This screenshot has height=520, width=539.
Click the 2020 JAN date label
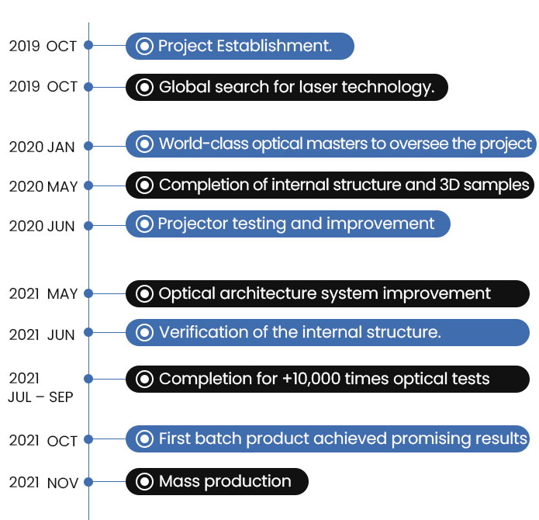coord(42,147)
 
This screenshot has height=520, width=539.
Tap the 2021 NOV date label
coord(43,483)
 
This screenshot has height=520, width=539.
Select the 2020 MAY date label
coord(43,186)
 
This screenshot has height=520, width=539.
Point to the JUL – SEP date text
coord(40,397)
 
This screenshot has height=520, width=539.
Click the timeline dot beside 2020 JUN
coord(88,226)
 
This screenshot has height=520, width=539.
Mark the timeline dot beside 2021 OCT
coord(88,439)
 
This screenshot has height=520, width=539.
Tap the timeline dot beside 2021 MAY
coord(88,293)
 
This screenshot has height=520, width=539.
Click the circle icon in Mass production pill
coord(144,481)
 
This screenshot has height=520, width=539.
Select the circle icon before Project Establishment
coord(144,46)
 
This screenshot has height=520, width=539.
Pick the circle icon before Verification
coord(144,332)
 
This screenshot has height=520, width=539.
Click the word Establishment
coord(275,46)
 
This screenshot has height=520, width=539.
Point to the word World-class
coord(203,144)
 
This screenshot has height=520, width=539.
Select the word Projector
coord(193,224)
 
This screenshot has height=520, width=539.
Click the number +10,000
coord(312,379)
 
